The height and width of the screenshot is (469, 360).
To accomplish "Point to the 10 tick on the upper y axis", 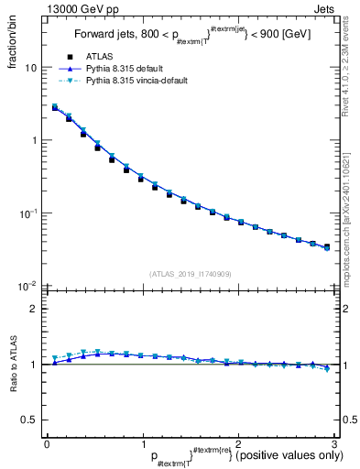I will [30, 68].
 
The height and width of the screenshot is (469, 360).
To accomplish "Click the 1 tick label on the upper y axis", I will [33, 140].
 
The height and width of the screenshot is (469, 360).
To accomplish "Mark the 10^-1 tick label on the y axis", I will [27, 213].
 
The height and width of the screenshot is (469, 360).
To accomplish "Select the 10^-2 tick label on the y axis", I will [27, 287].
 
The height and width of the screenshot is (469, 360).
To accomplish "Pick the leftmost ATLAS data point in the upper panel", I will [55, 108].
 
